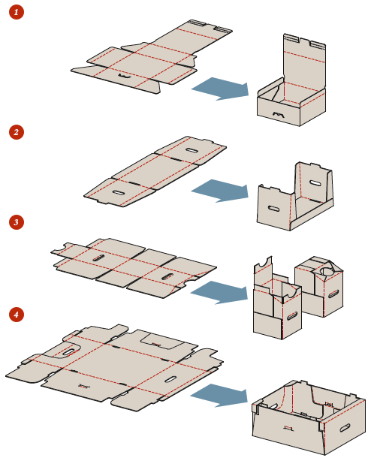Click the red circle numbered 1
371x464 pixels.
17,12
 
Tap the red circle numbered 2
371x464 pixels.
17,132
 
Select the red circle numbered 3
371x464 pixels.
17,222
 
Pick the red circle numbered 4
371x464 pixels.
17,315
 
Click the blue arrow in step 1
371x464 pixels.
221,89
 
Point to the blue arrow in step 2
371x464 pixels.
221,191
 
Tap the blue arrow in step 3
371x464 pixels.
220,292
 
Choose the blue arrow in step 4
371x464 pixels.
220,396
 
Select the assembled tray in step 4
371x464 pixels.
309,417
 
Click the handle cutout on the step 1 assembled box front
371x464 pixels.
279,114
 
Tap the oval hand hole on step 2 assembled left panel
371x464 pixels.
273,209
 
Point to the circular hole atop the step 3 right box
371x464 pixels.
327,271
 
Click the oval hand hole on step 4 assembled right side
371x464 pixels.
345,428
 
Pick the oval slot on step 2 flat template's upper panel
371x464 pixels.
192,150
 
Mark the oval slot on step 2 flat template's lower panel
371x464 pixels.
118,192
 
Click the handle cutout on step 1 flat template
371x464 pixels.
125,76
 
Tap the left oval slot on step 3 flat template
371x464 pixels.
98,258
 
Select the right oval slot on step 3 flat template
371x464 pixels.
167,277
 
